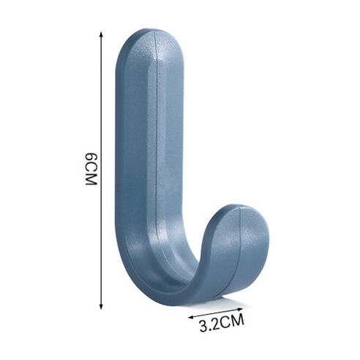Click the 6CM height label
(x=91, y=169)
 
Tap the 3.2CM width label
(x=222, y=323)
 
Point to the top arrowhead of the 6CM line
(x=101, y=34)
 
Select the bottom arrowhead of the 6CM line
(x=101, y=307)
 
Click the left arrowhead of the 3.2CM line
(x=191, y=317)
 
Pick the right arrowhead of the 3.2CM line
(x=240, y=309)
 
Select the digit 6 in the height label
(x=91, y=157)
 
